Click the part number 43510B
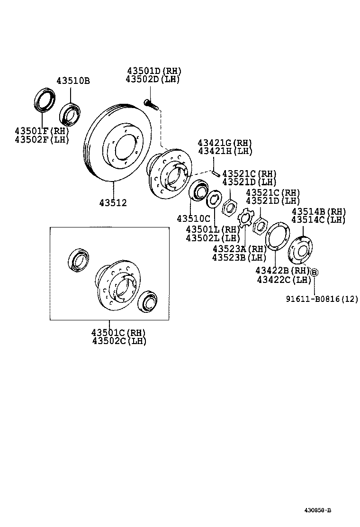73,81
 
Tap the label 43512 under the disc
113,203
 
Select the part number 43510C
193,218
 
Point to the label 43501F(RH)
42,131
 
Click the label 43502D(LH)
153,79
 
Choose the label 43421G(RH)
225,143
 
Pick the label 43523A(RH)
240,249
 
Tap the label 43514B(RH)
318,211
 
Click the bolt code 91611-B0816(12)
322,299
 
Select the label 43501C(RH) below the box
119,332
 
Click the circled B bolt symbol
314,272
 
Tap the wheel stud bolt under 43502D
150,103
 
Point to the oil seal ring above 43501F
44,100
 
